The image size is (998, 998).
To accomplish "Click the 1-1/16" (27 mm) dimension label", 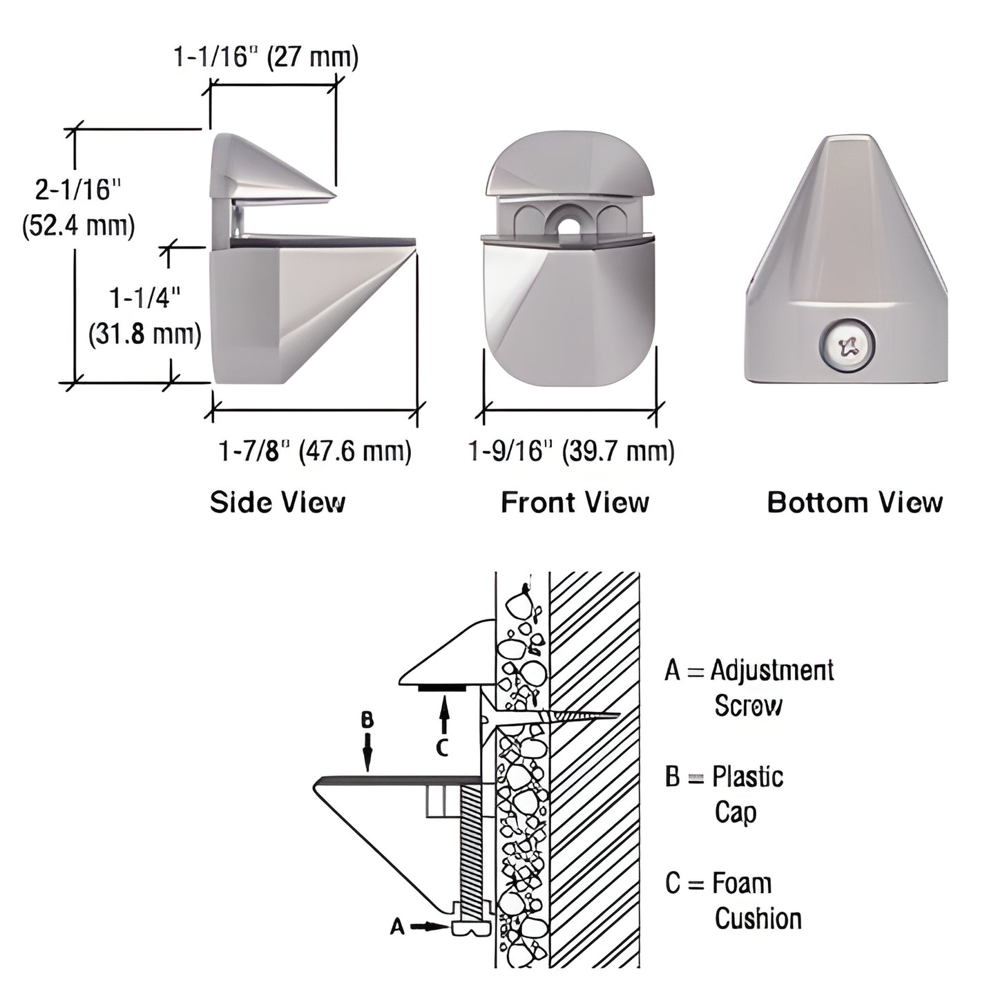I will click(266, 57).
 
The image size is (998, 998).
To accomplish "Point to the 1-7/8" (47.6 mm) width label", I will click(314, 452).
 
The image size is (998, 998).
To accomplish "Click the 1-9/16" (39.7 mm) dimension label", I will click(571, 452).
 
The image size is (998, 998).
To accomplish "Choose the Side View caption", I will click(278, 502).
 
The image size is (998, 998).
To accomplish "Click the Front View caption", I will click(575, 502).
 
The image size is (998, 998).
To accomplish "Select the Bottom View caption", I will click(854, 502).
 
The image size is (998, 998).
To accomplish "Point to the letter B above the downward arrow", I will click(367, 720).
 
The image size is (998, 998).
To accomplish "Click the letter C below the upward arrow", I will click(443, 747).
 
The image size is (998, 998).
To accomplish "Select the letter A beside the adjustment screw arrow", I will click(397, 926).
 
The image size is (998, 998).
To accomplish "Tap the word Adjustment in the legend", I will click(772, 670).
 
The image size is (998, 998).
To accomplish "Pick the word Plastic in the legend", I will click(748, 777).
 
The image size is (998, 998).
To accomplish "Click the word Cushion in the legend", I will click(758, 919).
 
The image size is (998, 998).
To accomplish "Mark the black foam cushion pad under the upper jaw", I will click(442, 687).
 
